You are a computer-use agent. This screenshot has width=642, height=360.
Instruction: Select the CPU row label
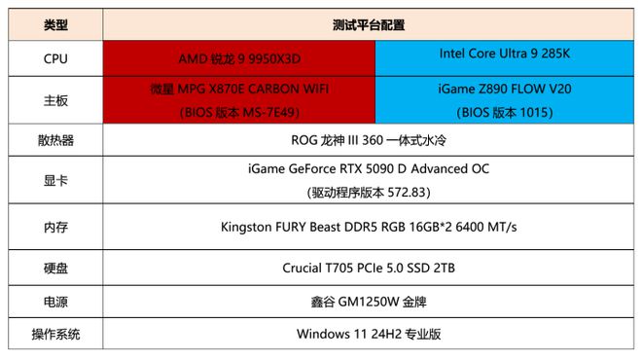(56, 57)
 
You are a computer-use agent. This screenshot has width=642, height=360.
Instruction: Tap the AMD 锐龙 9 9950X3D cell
(239, 57)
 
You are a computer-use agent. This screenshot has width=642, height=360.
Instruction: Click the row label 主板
(56, 100)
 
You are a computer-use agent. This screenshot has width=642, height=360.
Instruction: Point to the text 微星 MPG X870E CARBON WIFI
(239, 90)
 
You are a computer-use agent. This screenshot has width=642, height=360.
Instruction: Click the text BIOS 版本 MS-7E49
(239, 112)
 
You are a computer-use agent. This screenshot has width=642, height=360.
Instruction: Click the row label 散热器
(56, 140)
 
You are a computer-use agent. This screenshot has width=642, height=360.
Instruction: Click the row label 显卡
(56, 181)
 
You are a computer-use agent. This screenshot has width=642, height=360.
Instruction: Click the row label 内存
(56, 227)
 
